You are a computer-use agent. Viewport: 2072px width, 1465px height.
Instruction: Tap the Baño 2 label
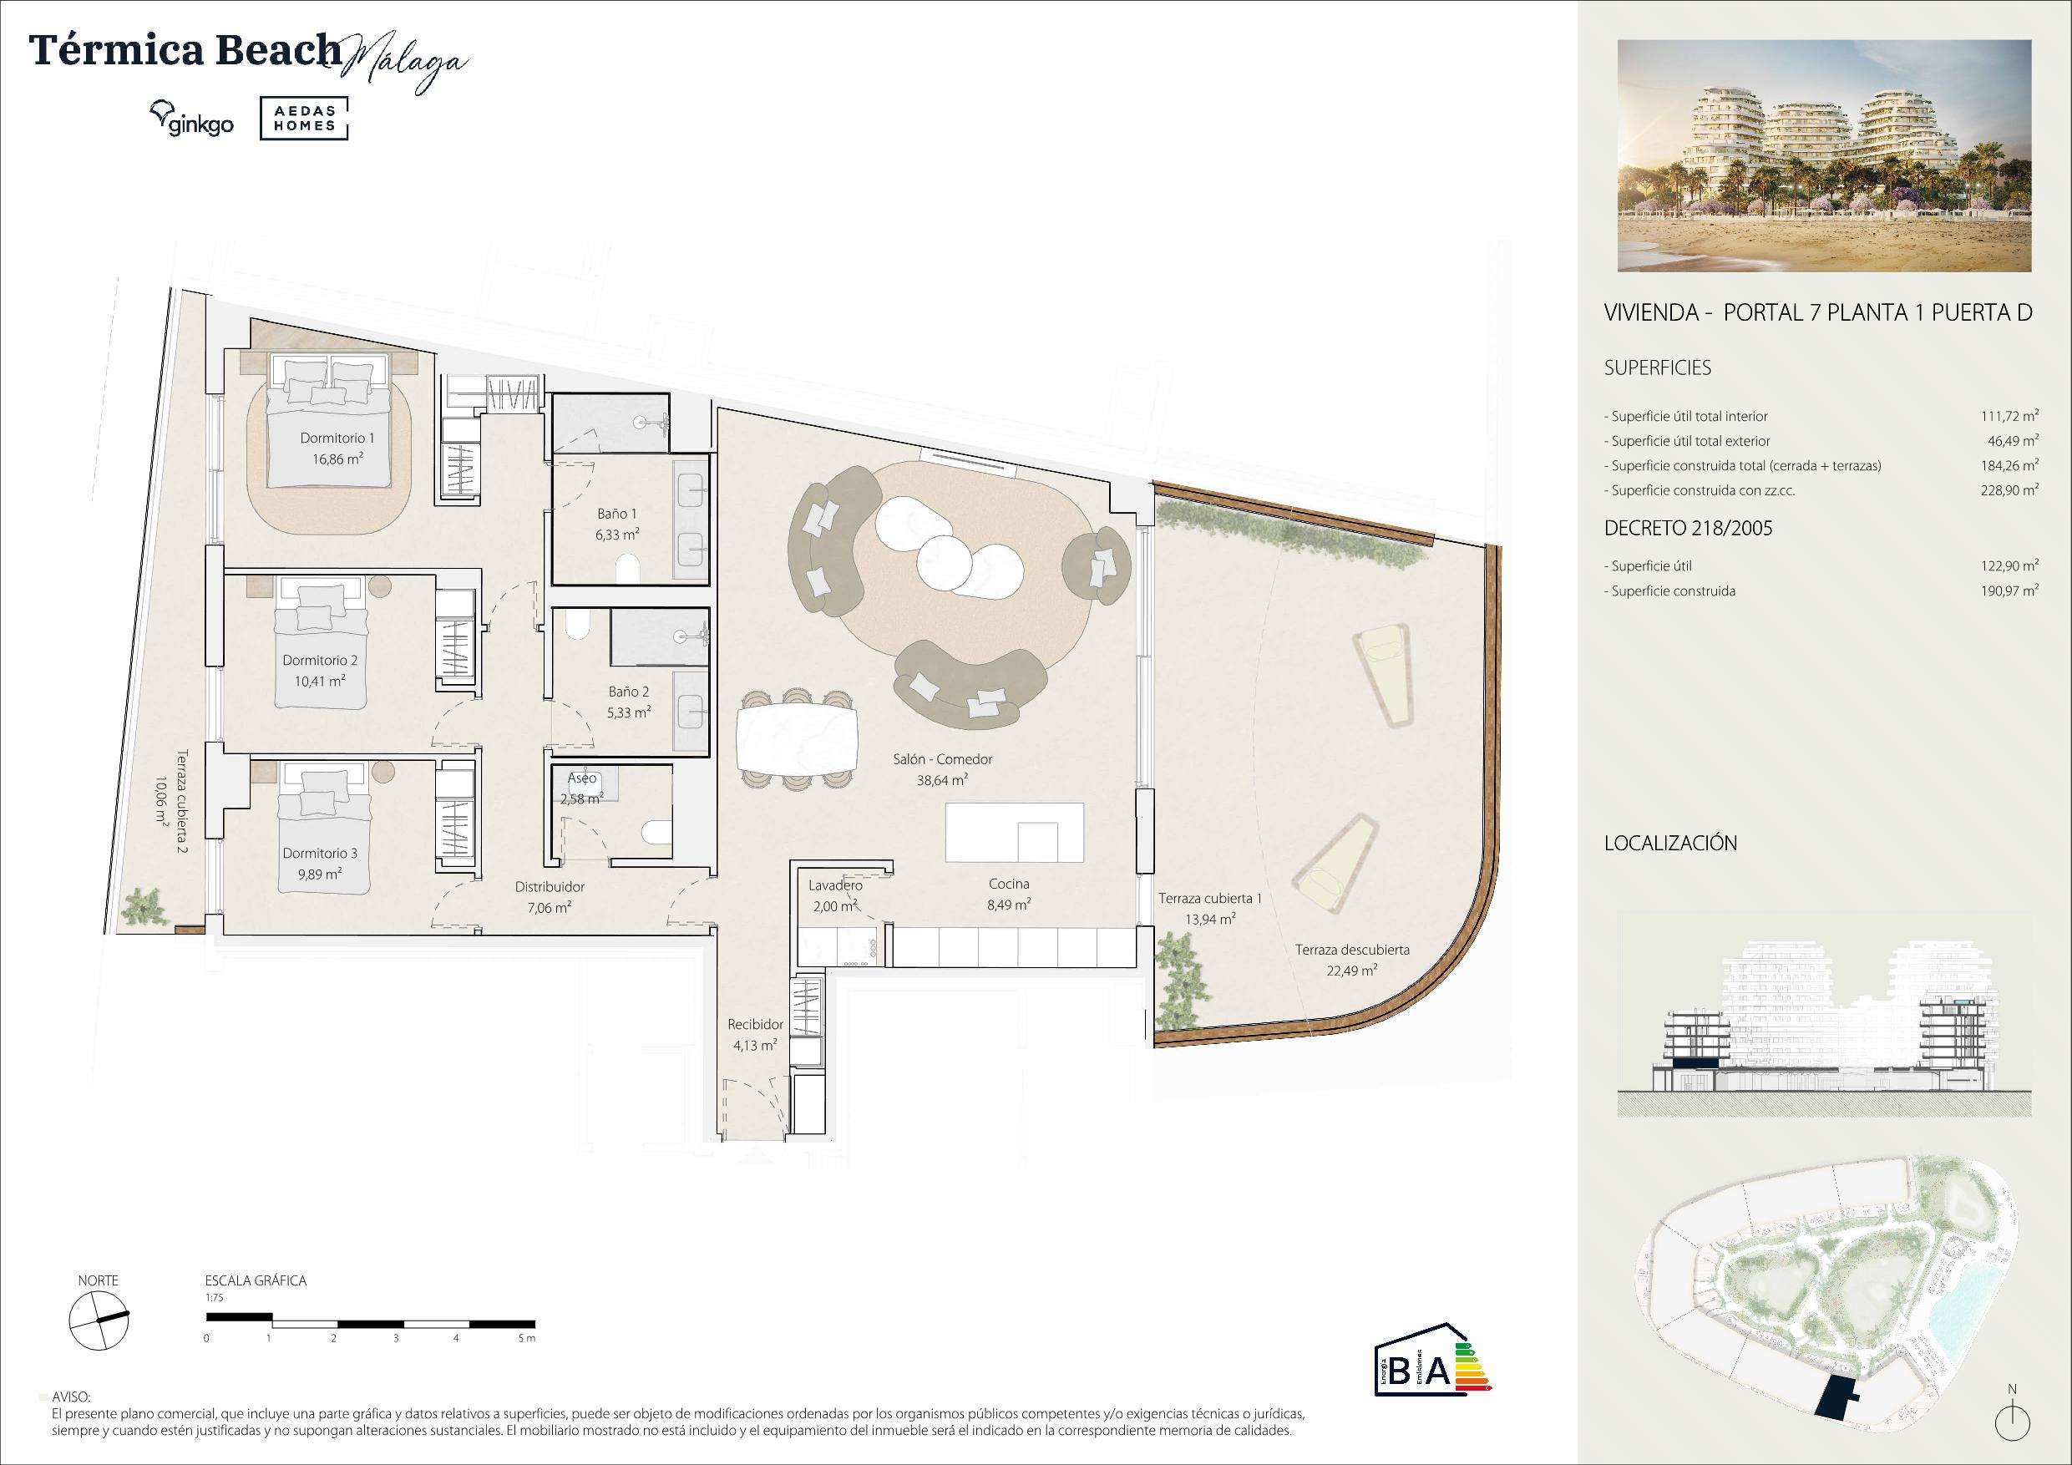[x=628, y=692]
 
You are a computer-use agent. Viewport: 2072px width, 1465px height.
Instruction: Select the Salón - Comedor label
[x=942, y=759]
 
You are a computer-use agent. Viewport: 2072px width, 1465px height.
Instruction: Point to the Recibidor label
[x=755, y=1025]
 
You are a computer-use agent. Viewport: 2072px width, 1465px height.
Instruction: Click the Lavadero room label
[x=835, y=885]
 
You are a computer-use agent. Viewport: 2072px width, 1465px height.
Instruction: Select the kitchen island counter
[x=1015, y=831]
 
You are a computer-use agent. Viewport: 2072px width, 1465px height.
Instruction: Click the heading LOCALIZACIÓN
[x=1670, y=843]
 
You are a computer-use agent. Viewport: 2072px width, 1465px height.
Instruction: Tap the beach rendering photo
[x=1824, y=155]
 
